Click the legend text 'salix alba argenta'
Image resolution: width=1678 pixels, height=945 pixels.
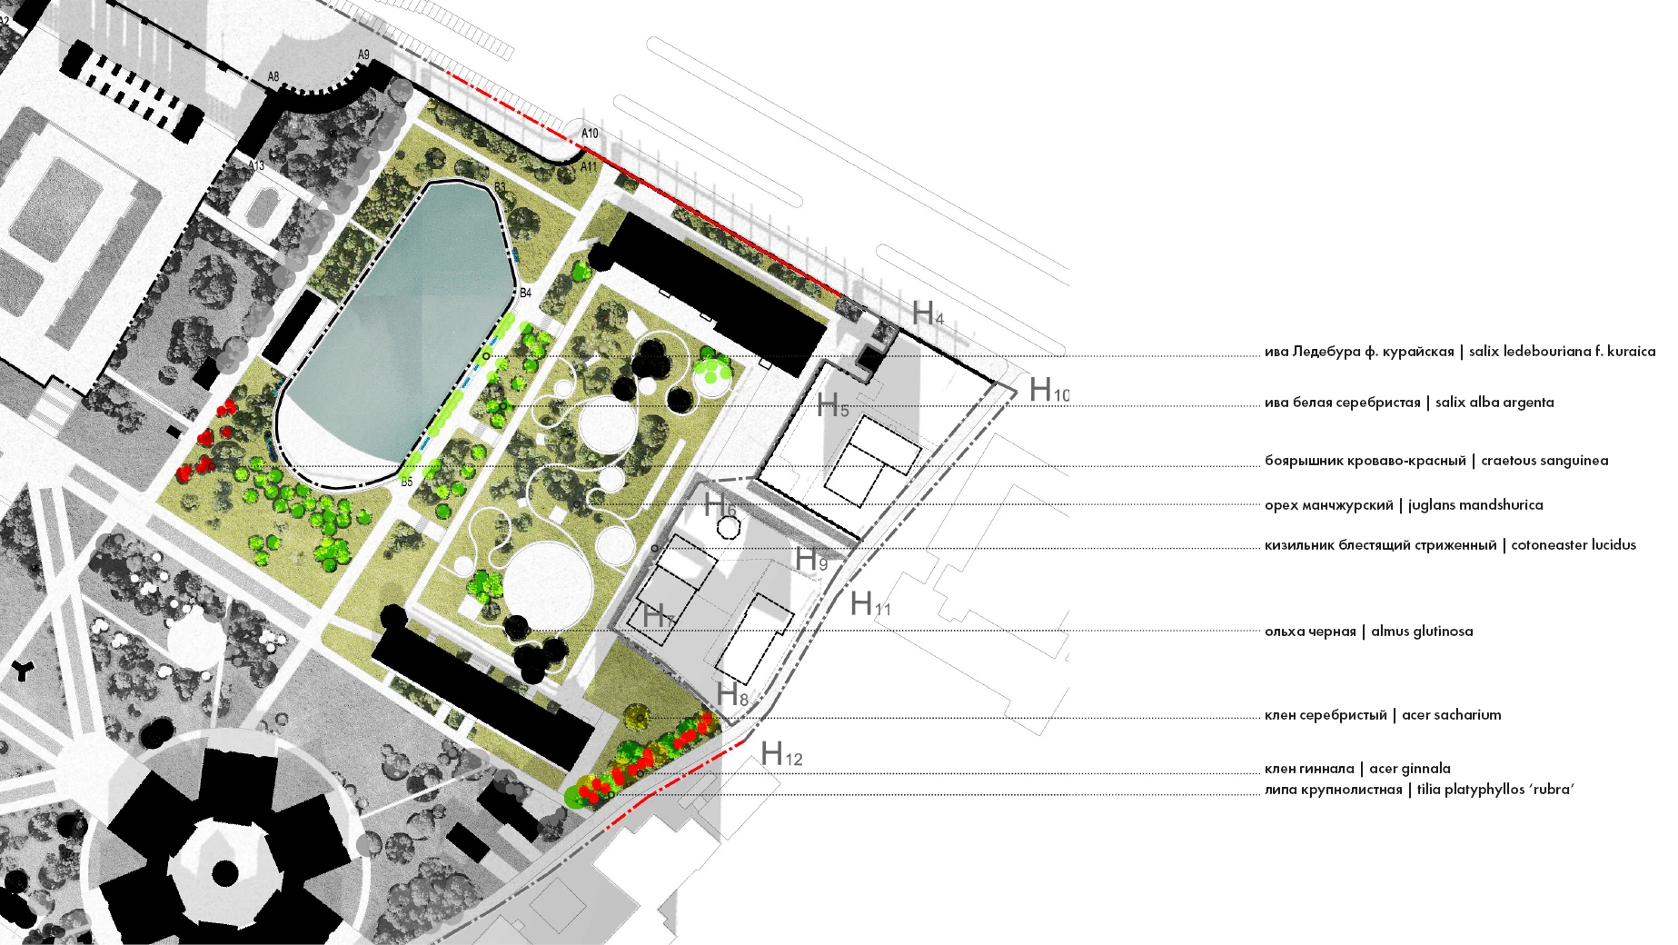pyautogui.click(x=1494, y=403)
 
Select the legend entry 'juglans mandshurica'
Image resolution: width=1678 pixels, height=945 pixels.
pyautogui.click(x=1475, y=505)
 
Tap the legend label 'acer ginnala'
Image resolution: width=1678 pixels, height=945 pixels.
pyautogui.click(x=1410, y=769)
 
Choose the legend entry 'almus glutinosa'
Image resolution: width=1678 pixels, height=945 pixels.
pyautogui.click(x=1422, y=632)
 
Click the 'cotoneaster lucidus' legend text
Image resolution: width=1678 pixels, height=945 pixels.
pyautogui.click(x=1574, y=545)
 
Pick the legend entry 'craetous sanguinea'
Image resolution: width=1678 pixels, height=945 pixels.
pyautogui.click(x=1544, y=461)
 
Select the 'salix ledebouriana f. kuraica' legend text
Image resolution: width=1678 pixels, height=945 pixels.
pyautogui.click(x=1562, y=352)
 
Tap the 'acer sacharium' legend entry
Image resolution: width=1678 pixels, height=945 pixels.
pyautogui.click(x=1452, y=715)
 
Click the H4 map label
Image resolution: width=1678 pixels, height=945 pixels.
pyautogui.click(x=928, y=313)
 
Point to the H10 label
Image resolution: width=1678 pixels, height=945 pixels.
pyautogui.click(x=1048, y=390)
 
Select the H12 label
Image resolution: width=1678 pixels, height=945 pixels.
pyautogui.click(x=781, y=753)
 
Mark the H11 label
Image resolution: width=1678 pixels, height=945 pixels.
pyautogui.click(x=870, y=603)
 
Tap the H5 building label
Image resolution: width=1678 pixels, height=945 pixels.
pyautogui.click(x=833, y=406)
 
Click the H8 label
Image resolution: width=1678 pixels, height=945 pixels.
pyautogui.click(x=732, y=695)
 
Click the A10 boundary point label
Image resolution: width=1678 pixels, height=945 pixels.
pyautogui.click(x=590, y=134)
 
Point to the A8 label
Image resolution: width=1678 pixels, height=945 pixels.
pyautogui.click(x=273, y=77)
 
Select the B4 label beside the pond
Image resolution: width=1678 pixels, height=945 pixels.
pyautogui.click(x=525, y=293)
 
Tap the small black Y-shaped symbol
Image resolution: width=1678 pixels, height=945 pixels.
pyautogui.click(x=22, y=671)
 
